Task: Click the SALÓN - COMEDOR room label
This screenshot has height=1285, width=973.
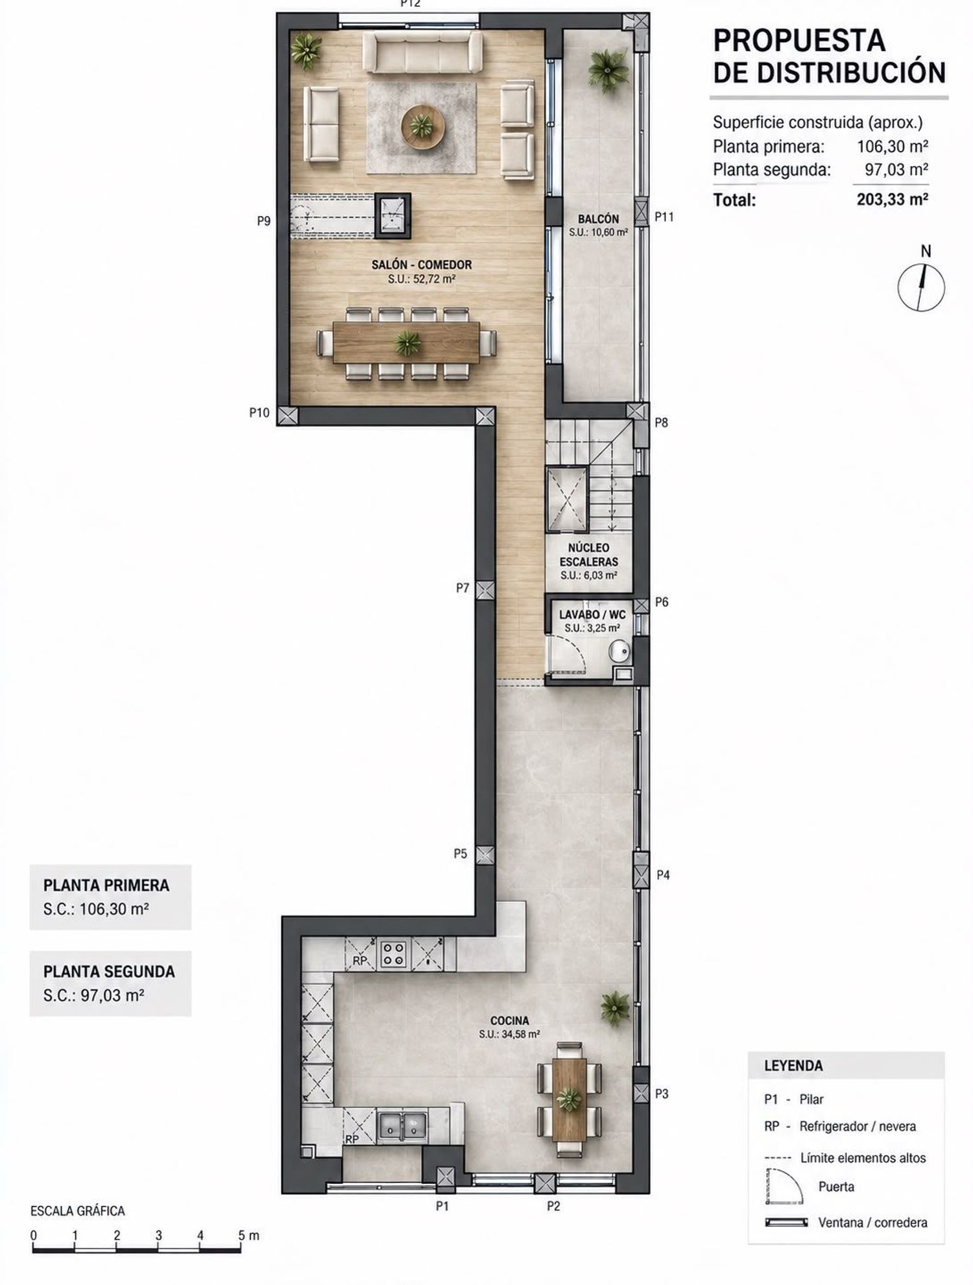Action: [422, 265]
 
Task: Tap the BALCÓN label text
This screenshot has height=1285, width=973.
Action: [598, 219]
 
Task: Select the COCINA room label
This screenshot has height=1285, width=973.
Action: [510, 1020]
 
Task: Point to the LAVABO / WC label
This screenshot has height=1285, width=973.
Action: [592, 614]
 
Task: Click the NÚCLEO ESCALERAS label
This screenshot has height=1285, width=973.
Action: [589, 555]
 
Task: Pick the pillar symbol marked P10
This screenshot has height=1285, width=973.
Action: [287, 414]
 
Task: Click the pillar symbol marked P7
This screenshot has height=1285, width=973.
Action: [485, 590]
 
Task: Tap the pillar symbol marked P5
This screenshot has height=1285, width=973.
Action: [485, 854]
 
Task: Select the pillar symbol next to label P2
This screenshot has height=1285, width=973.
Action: [544, 1183]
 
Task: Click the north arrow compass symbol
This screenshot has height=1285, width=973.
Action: [921, 286]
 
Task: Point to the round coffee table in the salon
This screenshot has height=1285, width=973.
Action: [422, 125]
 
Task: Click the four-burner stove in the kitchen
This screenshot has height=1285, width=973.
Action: [393, 954]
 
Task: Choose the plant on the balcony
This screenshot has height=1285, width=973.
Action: [608, 69]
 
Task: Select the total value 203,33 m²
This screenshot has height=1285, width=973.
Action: [892, 199]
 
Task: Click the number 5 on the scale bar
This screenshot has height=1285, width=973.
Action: [241, 1235]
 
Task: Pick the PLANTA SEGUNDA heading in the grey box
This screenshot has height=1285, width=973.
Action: [109, 972]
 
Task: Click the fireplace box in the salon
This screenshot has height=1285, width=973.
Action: [392, 216]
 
